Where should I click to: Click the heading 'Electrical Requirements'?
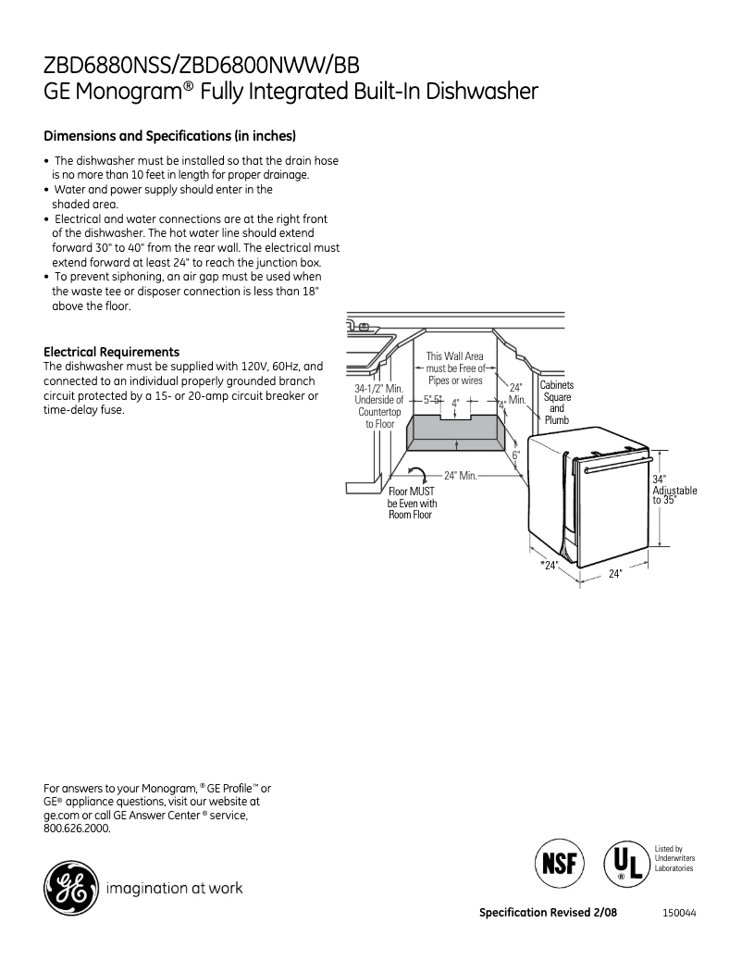pyautogui.click(x=112, y=352)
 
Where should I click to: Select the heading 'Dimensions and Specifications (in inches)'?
pyautogui.click(x=170, y=136)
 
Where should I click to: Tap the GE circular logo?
pyautogui.click(x=69, y=888)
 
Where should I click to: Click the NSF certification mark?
pyautogui.click(x=559, y=864)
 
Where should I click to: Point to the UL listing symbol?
pyautogui.click(x=625, y=864)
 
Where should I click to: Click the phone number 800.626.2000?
pyautogui.click(x=77, y=829)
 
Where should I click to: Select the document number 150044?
pyautogui.click(x=679, y=913)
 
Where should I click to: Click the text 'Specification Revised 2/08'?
pyautogui.click(x=548, y=913)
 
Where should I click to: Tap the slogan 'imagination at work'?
pyautogui.click(x=175, y=889)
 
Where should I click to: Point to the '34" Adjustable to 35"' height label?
pyautogui.click(x=674, y=490)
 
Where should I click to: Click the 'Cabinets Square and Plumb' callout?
pyautogui.click(x=557, y=403)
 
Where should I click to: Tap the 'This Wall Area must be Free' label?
pyautogui.click(x=454, y=368)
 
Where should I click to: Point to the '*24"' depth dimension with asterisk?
pyautogui.click(x=550, y=565)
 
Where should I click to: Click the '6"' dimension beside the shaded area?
pyautogui.click(x=516, y=455)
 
